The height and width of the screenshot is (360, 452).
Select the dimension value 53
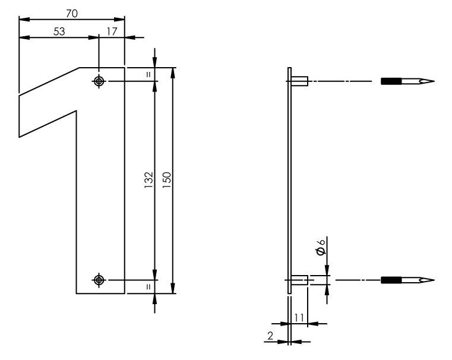tap(59, 31)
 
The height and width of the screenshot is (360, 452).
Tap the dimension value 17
tap(111, 31)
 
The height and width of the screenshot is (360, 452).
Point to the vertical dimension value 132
tap(148, 180)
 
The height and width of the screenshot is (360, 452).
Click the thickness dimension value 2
tap(270, 336)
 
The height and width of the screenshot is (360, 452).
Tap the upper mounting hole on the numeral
tap(99, 81)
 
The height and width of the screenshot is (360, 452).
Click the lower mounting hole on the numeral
tap(99, 280)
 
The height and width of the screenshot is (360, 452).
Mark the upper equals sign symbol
tap(148, 74)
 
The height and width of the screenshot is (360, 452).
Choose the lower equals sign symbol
tap(148, 287)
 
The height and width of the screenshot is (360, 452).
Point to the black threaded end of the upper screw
tap(391, 81)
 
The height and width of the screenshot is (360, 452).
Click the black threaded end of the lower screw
tap(391, 280)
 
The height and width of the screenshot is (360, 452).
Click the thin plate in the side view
tap(289, 178)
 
